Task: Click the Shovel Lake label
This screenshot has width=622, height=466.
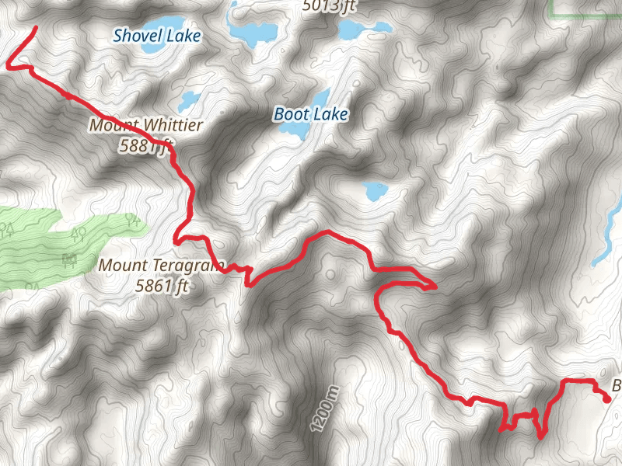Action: (156, 36)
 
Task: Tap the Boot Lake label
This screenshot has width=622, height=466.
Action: (310, 115)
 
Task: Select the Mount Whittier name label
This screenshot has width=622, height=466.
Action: (146, 125)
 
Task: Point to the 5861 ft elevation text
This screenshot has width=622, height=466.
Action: (162, 286)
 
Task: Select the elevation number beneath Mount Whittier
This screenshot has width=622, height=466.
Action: (145, 144)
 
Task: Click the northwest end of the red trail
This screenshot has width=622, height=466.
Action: (36, 29)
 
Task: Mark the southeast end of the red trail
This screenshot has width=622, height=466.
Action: (607, 399)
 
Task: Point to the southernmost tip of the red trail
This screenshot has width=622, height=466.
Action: (540, 436)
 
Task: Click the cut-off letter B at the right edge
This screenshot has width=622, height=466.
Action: (617, 386)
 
